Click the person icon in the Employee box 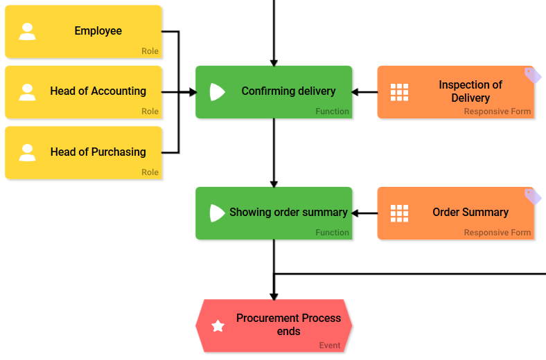27,32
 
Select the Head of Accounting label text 98,91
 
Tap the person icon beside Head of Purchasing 27,152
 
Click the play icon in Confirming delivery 217,92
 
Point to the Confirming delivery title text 288,91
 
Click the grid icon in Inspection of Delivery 399,92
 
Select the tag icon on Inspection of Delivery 532,75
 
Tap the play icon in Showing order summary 217,213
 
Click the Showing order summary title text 288,212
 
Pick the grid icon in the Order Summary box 399,213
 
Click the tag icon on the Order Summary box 532,197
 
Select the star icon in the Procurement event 218,326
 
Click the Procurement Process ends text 288,324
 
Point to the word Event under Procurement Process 330,345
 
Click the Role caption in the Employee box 150,51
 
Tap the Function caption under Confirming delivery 332,111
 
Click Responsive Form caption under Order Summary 497,233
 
